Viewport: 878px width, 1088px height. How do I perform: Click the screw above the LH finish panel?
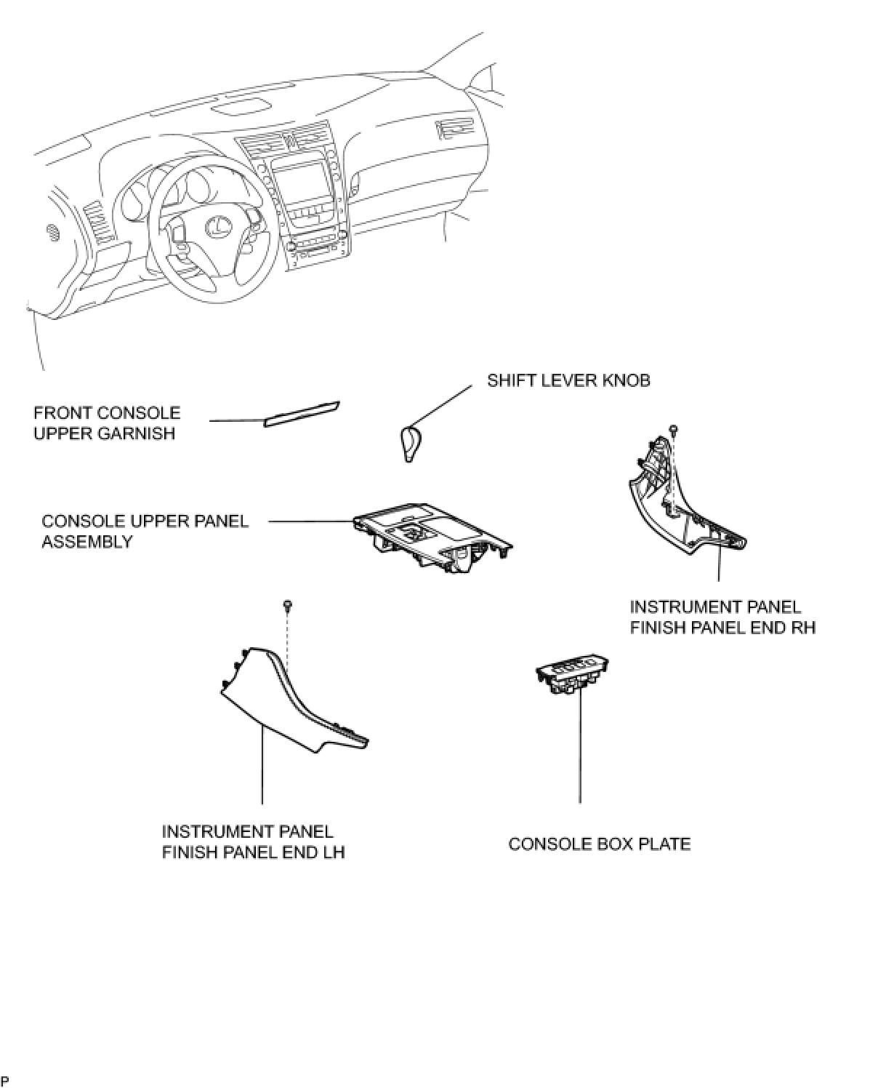click(289, 604)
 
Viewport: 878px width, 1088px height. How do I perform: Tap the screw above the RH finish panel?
click(674, 428)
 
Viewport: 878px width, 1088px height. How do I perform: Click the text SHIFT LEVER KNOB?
click(568, 380)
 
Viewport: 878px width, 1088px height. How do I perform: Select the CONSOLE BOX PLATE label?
click(599, 844)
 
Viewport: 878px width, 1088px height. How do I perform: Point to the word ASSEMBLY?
click(86, 542)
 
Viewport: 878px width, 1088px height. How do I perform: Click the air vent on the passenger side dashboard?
click(452, 129)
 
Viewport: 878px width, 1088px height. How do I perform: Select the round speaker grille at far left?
click(52, 233)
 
